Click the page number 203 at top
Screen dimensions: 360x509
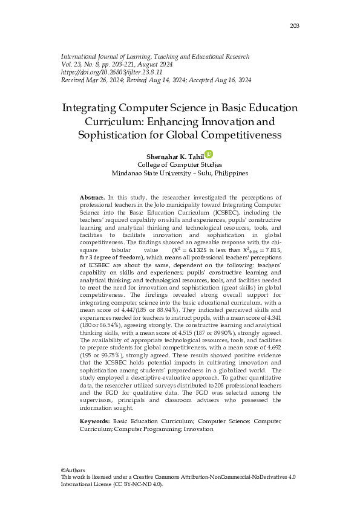click(295, 25)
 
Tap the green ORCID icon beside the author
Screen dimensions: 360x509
click(209, 155)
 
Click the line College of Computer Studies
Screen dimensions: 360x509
click(180, 164)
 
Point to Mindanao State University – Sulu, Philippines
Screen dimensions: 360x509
click(180, 173)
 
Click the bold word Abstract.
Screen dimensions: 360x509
click(93, 198)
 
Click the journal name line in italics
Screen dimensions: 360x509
click(155, 56)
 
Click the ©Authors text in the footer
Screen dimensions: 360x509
click(73, 470)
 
